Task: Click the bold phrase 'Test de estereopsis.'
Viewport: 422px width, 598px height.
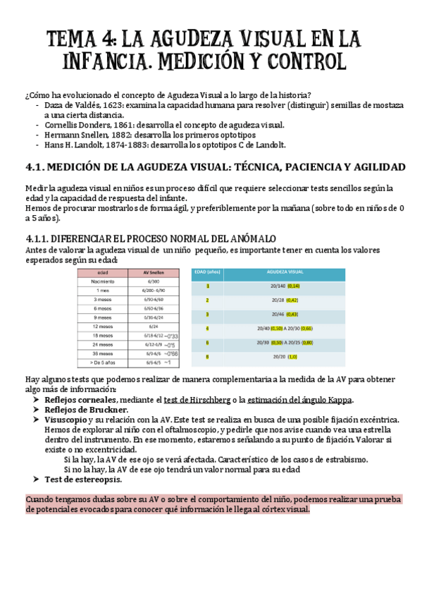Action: tap(82, 480)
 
